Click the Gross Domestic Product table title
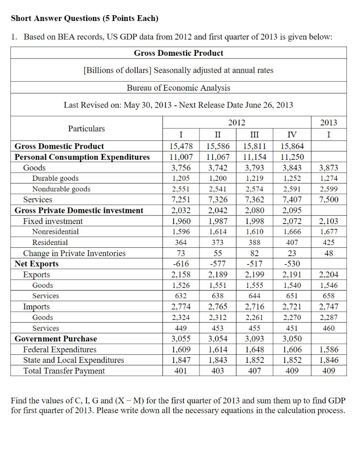[178, 53]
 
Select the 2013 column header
[329, 122]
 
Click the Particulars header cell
[87, 129]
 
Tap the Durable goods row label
[55, 179]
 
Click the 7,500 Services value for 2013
[329, 200]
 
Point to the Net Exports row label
[37, 264]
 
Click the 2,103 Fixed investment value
[329, 221]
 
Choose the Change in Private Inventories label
[74, 253]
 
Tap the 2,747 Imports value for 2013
[329, 307]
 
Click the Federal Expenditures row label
[60, 349]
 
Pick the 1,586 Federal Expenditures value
[329, 349]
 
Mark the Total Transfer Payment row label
[64, 371]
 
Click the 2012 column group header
[236, 122]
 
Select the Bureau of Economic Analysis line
[178, 88]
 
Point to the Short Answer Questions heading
[84, 18]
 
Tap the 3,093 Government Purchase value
[254, 339]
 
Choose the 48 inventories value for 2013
[329, 253]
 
